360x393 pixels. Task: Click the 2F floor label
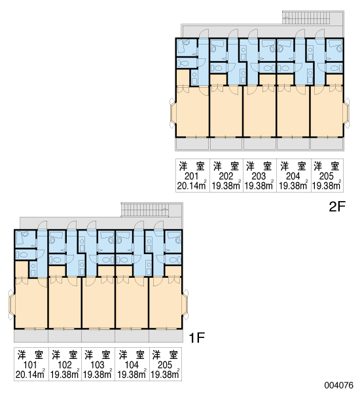(337, 207)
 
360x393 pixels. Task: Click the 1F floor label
(197, 337)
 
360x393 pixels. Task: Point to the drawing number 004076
(338, 385)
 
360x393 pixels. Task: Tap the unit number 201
(191, 176)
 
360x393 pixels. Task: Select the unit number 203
(259, 176)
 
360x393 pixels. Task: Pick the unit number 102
(65, 365)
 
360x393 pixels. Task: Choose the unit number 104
(132, 365)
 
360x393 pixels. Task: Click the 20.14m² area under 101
(30, 374)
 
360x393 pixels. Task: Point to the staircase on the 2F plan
(313, 17)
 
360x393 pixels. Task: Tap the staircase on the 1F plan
(152, 210)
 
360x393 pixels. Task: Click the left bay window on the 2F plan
(173, 113)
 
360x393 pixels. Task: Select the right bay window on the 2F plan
(346, 113)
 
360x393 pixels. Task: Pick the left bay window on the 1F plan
(12, 305)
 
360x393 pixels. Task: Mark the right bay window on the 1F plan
(185, 305)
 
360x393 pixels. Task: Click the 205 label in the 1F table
(165, 365)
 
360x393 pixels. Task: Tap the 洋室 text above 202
(226, 166)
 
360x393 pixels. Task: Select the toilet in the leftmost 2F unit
(183, 63)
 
